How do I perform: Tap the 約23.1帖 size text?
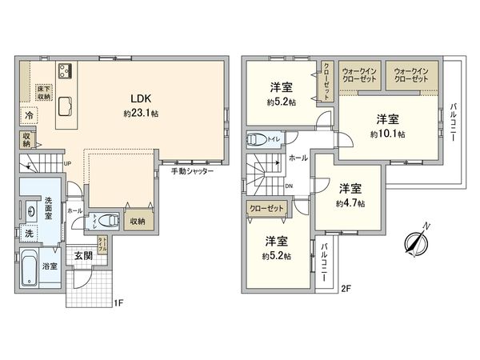(x=142, y=114)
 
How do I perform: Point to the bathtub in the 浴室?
(x=28, y=271)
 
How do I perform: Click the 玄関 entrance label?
(x=84, y=257)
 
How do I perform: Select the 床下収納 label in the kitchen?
(x=42, y=92)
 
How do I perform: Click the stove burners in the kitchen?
(x=64, y=70)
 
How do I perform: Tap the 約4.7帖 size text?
(x=350, y=203)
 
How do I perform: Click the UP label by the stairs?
(x=66, y=164)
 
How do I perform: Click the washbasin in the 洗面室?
(x=30, y=212)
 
